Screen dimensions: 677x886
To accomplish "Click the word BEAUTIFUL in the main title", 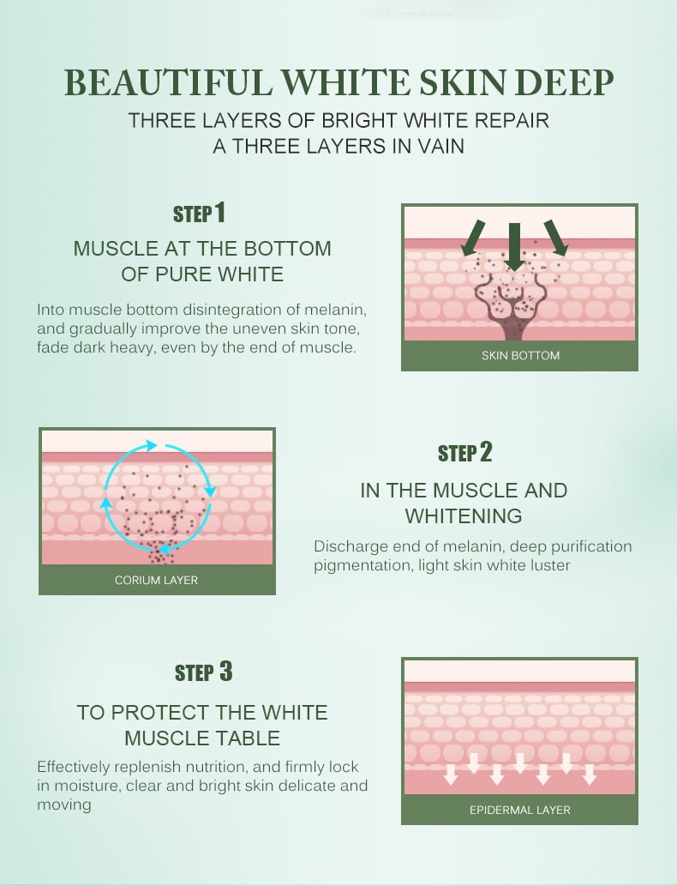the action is [x=168, y=83].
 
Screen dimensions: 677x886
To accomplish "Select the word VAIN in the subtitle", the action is [x=441, y=147].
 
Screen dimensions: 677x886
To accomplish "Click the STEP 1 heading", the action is [x=200, y=213].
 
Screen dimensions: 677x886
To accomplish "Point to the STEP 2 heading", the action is [x=464, y=452].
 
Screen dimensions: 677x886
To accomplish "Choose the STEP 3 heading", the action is [x=203, y=672].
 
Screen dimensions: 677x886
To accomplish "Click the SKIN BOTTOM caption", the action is [x=520, y=355].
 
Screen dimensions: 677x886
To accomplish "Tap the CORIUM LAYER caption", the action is [x=157, y=581].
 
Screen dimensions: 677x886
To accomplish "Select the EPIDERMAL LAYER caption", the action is [x=520, y=810].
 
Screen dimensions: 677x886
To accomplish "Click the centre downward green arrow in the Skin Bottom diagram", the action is [x=514, y=246].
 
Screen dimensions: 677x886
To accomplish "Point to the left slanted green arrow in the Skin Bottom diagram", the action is [x=472, y=238].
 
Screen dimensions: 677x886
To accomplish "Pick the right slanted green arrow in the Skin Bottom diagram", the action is [x=556, y=238].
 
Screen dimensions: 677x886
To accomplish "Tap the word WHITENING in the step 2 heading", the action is [x=464, y=515].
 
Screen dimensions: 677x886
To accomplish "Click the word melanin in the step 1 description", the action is [x=335, y=310].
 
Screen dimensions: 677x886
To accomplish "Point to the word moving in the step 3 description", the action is [x=63, y=805].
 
